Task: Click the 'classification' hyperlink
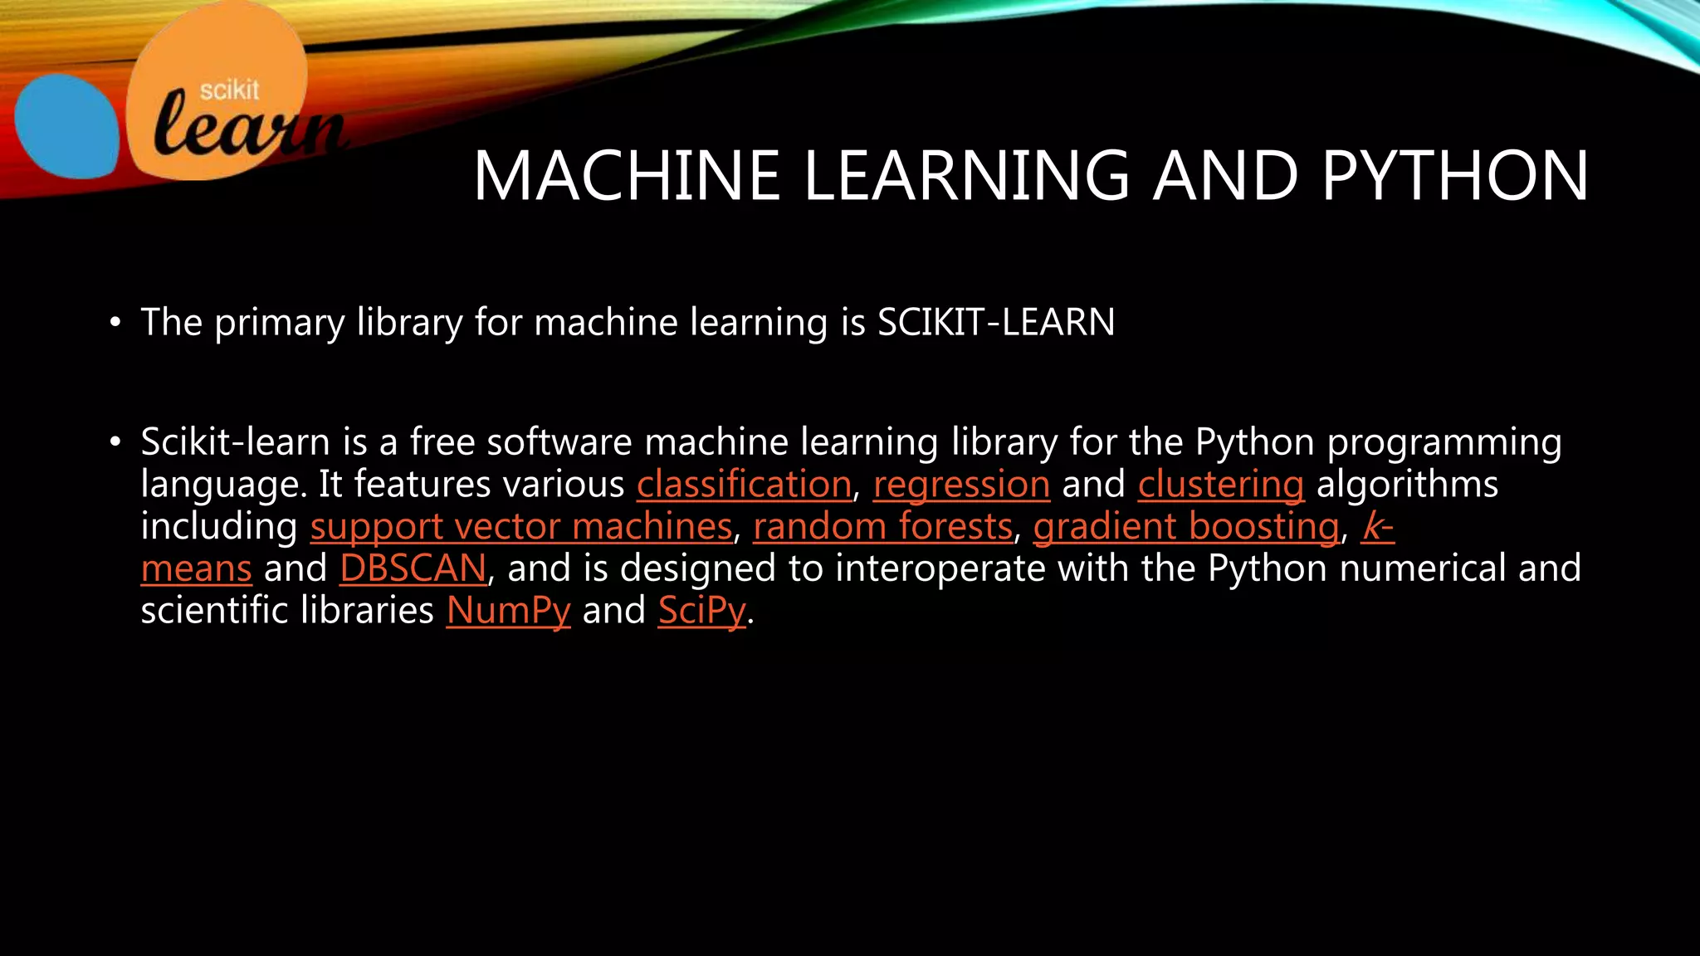click(x=744, y=485)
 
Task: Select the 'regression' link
click(x=961, y=485)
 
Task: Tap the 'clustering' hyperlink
click(x=1220, y=485)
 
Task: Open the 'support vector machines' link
click(x=521, y=527)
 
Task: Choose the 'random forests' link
click(x=882, y=527)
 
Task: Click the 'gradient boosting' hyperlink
click(x=1186, y=527)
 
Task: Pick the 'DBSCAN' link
click(x=413, y=569)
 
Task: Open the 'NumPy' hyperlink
click(x=508, y=611)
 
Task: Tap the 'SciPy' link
click(x=702, y=611)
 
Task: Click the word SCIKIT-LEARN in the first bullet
click(x=996, y=323)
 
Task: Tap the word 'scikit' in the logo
click(x=230, y=90)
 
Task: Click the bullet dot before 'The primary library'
click(x=115, y=323)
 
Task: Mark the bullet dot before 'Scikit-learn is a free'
click(x=115, y=442)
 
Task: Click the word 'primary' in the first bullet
click(x=279, y=324)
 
